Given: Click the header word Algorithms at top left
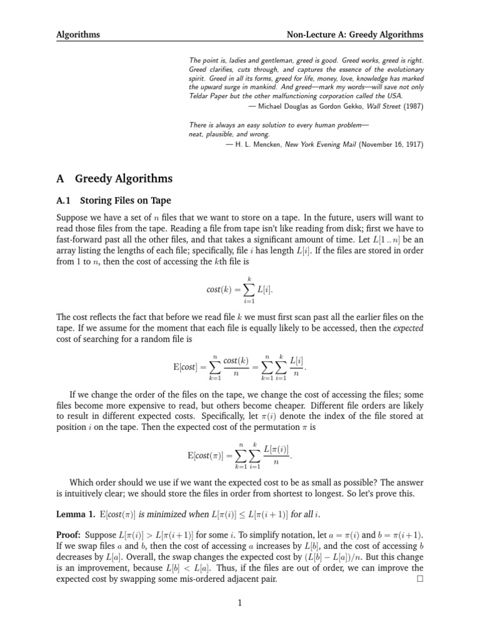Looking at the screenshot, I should tap(78, 34).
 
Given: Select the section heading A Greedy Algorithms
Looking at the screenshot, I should tap(114, 179).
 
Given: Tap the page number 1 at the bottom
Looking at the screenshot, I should tap(240, 602).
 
